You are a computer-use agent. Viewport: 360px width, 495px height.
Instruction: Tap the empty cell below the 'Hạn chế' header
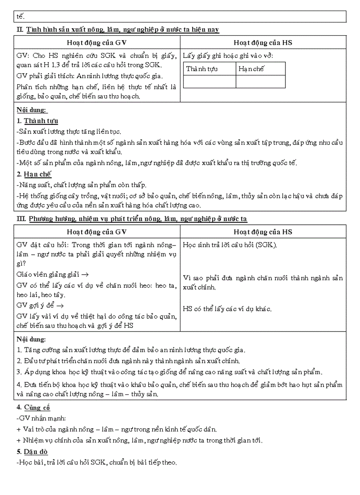(x=260, y=82)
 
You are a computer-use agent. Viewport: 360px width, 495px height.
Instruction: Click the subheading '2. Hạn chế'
(x=34, y=174)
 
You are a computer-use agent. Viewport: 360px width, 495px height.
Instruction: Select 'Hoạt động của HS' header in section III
(x=263, y=232)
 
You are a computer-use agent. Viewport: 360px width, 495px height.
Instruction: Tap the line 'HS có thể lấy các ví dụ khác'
(x=227, y=309)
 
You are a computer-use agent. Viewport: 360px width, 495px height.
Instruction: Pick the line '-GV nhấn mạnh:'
(x=40, y=418)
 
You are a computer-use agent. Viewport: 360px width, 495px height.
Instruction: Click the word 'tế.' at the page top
(x=21, y=17)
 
